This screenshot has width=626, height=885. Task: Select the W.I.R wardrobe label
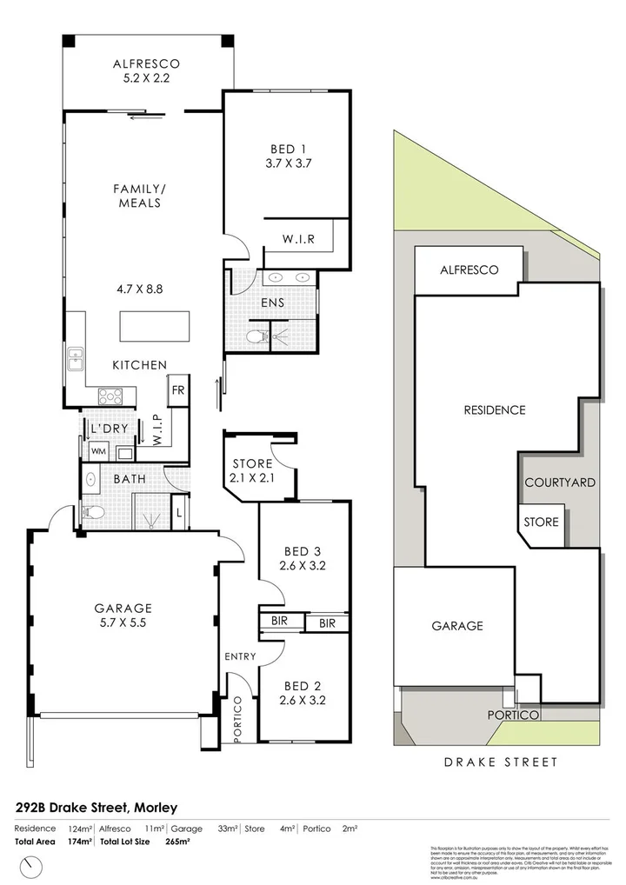(x=298, y=239)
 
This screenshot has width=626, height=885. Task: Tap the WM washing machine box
(x=98, y=452)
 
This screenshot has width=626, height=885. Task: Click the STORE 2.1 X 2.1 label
(x=252, y=471)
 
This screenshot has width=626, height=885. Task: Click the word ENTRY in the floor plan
(x=239, y=656)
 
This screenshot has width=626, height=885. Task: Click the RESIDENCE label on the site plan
(x=494, y=410)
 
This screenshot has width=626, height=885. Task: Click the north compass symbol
(x=33, y=866)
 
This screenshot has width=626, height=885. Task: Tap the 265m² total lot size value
(x=177, y=842)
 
